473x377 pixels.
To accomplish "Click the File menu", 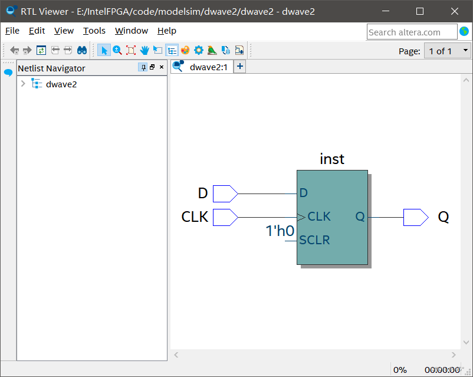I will [12, 31].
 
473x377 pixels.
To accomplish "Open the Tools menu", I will [94, 31].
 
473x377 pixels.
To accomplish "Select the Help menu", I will [166, 31].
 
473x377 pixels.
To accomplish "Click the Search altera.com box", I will [412, 32].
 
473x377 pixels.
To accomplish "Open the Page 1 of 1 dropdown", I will [447, 51].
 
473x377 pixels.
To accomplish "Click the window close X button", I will [454, 11].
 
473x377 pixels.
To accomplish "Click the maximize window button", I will [420, 11].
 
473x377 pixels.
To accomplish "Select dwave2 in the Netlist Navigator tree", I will [61, 84].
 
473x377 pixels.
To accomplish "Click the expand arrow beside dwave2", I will [23, 84].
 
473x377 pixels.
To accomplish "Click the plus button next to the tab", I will [240, 67].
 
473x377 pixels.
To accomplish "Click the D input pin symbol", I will [225, 193].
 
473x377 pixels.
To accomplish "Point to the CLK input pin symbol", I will [225, 217].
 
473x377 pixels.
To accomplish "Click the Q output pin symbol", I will [415, 217].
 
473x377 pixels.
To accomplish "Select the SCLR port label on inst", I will [314, 240].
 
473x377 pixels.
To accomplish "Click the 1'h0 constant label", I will [280, 231].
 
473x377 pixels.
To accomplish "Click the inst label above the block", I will [332, 159].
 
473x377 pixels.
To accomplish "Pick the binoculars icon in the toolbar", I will [83, 50].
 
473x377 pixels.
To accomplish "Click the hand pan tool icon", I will [144, 50].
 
